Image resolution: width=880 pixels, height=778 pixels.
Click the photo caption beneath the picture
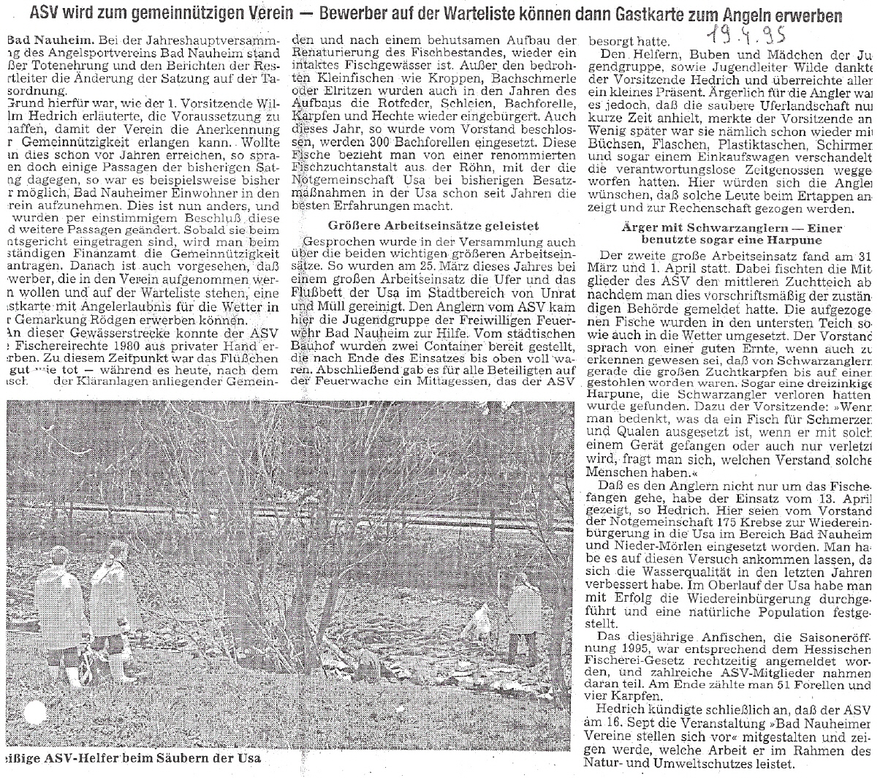[x=132, y=758]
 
